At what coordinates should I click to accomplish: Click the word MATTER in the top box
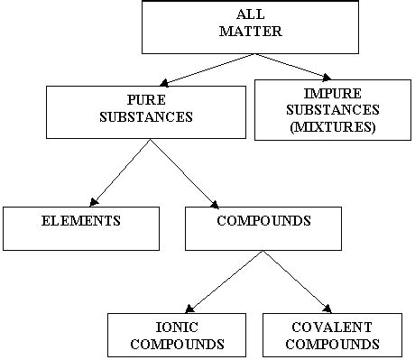[219, 31]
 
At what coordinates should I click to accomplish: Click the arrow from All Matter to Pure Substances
[180, 67]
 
